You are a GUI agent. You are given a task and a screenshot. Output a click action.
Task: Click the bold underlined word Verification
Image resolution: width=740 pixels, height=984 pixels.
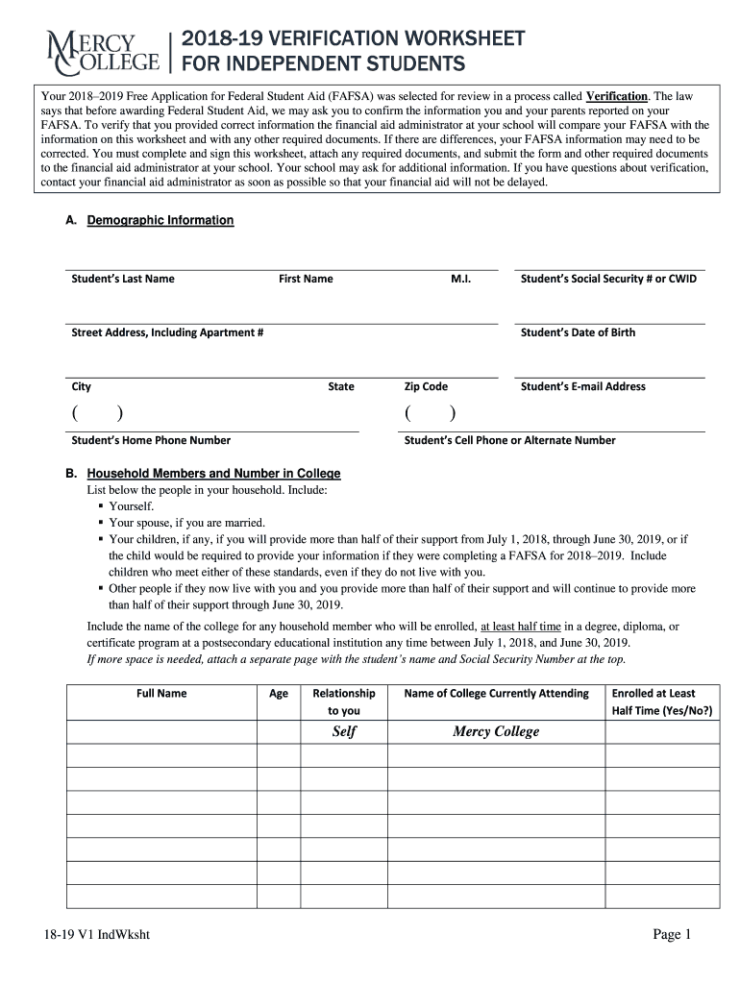[617, 97]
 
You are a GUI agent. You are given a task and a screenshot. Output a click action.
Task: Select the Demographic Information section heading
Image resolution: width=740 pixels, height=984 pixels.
[160, 220]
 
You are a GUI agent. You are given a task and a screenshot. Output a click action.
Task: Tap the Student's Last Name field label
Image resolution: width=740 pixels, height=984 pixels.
[123, 279]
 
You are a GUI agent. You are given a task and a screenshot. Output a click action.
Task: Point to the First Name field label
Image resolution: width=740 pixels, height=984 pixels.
[306, 279]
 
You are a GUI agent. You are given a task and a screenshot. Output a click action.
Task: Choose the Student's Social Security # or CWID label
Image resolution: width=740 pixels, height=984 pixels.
[608, 279]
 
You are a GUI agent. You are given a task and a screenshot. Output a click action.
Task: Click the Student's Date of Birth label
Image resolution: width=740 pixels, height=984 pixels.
[578, 332]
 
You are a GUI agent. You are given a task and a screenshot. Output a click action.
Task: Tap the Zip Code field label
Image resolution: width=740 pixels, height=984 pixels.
[426, 386]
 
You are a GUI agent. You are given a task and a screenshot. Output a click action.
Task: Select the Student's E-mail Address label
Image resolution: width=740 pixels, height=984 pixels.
[582, 386]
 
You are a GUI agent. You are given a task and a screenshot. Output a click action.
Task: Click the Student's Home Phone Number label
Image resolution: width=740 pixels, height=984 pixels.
[151, 440]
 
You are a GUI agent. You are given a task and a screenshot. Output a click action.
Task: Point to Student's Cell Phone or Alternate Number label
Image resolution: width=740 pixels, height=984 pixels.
[509, 440]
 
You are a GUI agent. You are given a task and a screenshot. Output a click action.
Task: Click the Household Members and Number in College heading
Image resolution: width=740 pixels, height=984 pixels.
[213, 474]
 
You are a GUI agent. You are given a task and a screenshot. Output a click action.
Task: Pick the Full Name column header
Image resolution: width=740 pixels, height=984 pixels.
[161, 693]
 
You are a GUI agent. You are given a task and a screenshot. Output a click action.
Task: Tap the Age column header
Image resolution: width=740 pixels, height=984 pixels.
[279, 693]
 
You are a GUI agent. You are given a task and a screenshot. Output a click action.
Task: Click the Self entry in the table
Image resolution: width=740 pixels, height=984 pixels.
[344, 732]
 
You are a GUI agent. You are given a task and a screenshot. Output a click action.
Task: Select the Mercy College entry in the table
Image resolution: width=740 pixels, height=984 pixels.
[496, 732]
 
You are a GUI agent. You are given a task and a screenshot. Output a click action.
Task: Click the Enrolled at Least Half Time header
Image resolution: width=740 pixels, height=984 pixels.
[662, 701]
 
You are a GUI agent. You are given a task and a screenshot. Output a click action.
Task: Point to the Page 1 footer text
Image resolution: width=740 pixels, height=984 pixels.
[673, 935]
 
